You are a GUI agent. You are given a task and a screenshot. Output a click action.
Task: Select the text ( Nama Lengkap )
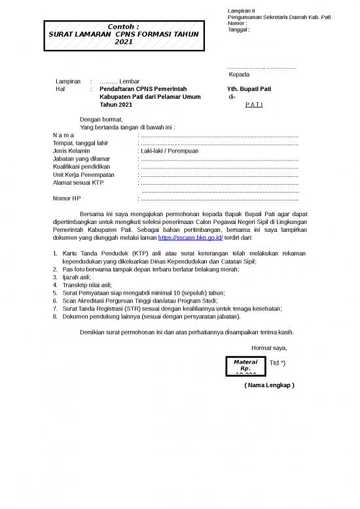click(x=269, y=385)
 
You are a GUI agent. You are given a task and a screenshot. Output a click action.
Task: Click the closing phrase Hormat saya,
click(x=268, y=348)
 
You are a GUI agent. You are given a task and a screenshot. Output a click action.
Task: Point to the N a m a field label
click(x=64, y=135)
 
